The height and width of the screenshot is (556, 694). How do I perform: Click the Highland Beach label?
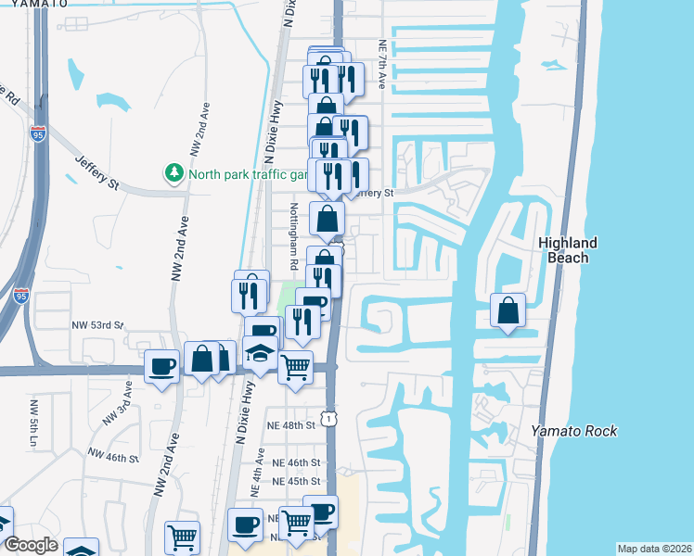[x=569, y=250]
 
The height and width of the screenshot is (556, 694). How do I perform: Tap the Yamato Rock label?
[x=574, y=431]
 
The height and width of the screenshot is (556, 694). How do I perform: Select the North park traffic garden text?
[x=247, y=173]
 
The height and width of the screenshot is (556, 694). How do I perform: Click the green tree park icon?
[x=173, y=172]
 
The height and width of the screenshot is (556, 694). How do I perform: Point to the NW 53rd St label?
[x=97, y=325]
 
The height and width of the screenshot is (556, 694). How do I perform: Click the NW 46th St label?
[x=113, y=456]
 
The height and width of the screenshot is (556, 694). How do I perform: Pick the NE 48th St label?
[x=289, y=425]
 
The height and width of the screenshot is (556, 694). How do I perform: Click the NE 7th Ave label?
[x=381, y=64]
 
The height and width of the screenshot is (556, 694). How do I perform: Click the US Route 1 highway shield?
[x=328, y=420]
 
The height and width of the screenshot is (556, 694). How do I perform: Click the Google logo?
[x=31, y=545]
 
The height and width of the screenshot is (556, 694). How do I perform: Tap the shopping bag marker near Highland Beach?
[x=508, y=310]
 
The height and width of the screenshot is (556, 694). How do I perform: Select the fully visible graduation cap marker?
[x=260, y=355]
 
